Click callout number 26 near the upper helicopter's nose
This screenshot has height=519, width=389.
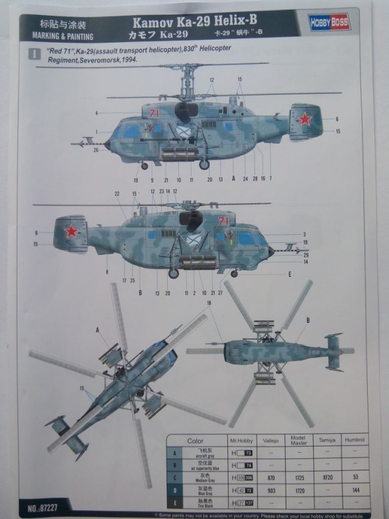click(96, 150)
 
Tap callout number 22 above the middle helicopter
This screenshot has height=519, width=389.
click(117, 194)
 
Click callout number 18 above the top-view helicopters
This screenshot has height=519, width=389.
click(210, 302)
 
